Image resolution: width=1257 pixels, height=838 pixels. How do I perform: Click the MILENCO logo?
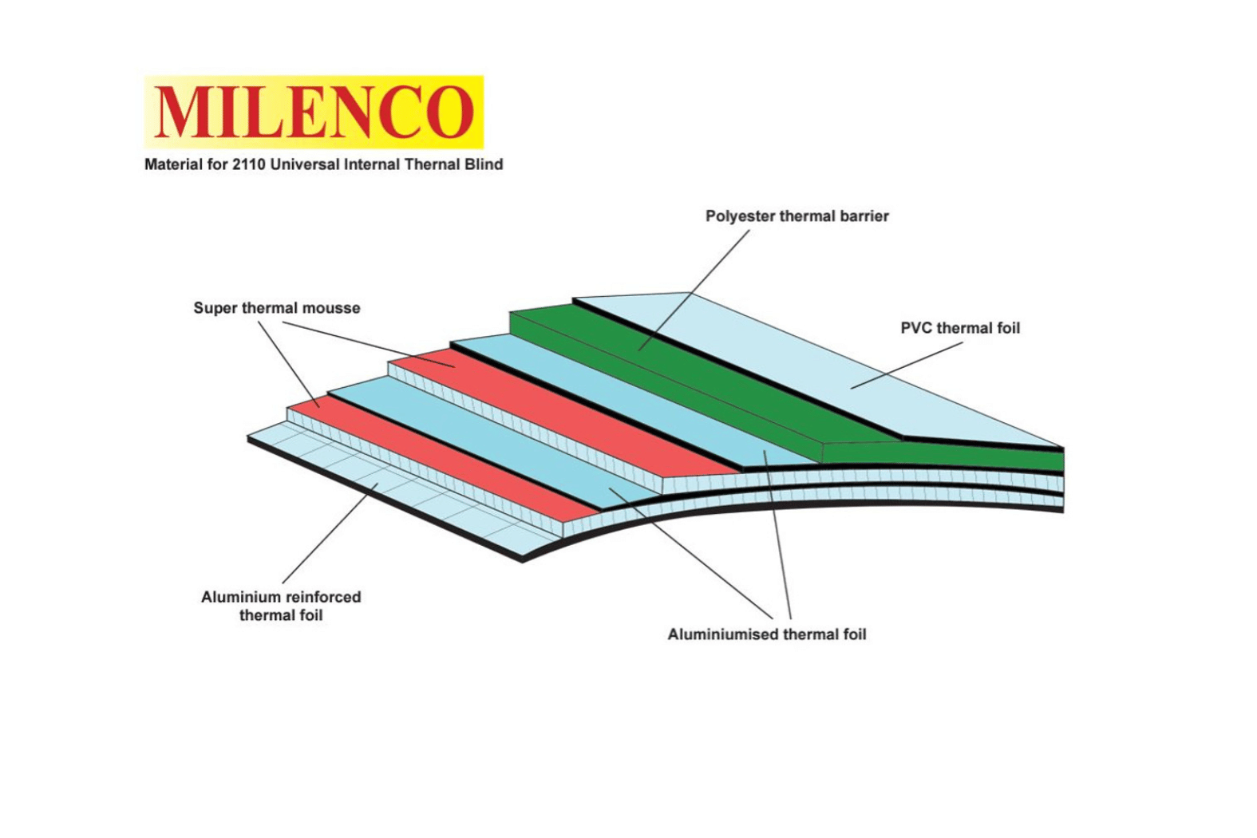point(314,112)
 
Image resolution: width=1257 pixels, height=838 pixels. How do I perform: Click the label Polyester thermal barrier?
point(796,215)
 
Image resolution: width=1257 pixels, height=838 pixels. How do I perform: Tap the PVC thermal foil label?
point(960,328)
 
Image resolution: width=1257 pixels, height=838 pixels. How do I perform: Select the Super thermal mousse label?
point(277,308)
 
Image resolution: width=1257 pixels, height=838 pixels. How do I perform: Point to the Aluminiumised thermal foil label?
point(767,634)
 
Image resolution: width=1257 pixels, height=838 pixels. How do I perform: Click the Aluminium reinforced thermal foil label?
point(281,606)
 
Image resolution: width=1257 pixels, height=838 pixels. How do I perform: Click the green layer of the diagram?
point(702,375)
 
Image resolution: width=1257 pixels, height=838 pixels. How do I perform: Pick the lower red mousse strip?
point(447,455)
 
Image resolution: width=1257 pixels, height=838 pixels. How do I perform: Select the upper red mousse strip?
point(559,415)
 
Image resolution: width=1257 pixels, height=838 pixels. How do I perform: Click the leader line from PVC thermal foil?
point(906,366)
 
